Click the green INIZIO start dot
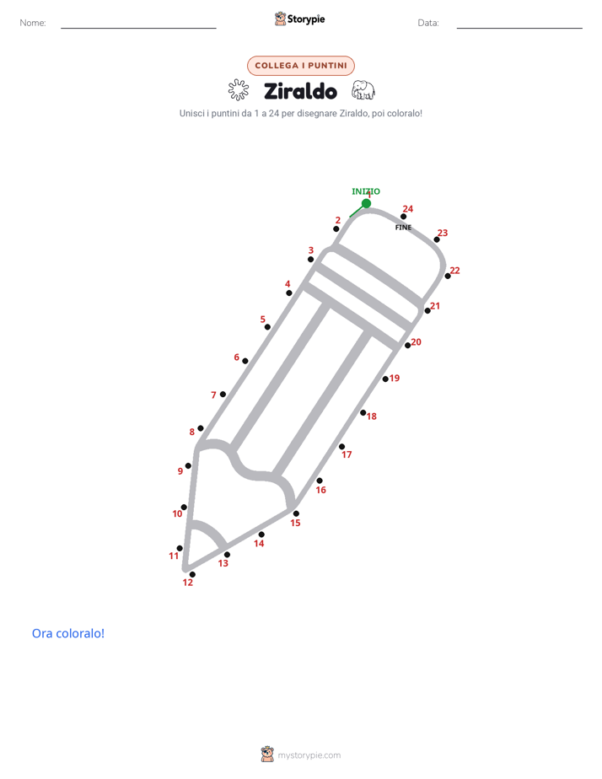pyautogui.click(x=366, y=203)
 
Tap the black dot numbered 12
pyautogui.click(x=192, y=574)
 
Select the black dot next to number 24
pyautogui.click(x=403, y=217)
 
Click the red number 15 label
pyautogui.click(x=296, y=523)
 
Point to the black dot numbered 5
pyautogui.click(x=267, y=327)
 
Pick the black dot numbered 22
pyautogui.click(x=448, y=276)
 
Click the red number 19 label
pyautogui.click(x=395, y=378)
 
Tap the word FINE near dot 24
pyautogui.click(x=403, y=227)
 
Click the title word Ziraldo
pyautogui.click(x=300, y=91)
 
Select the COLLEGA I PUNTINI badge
pyautogui.click(x=301, y=66)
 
